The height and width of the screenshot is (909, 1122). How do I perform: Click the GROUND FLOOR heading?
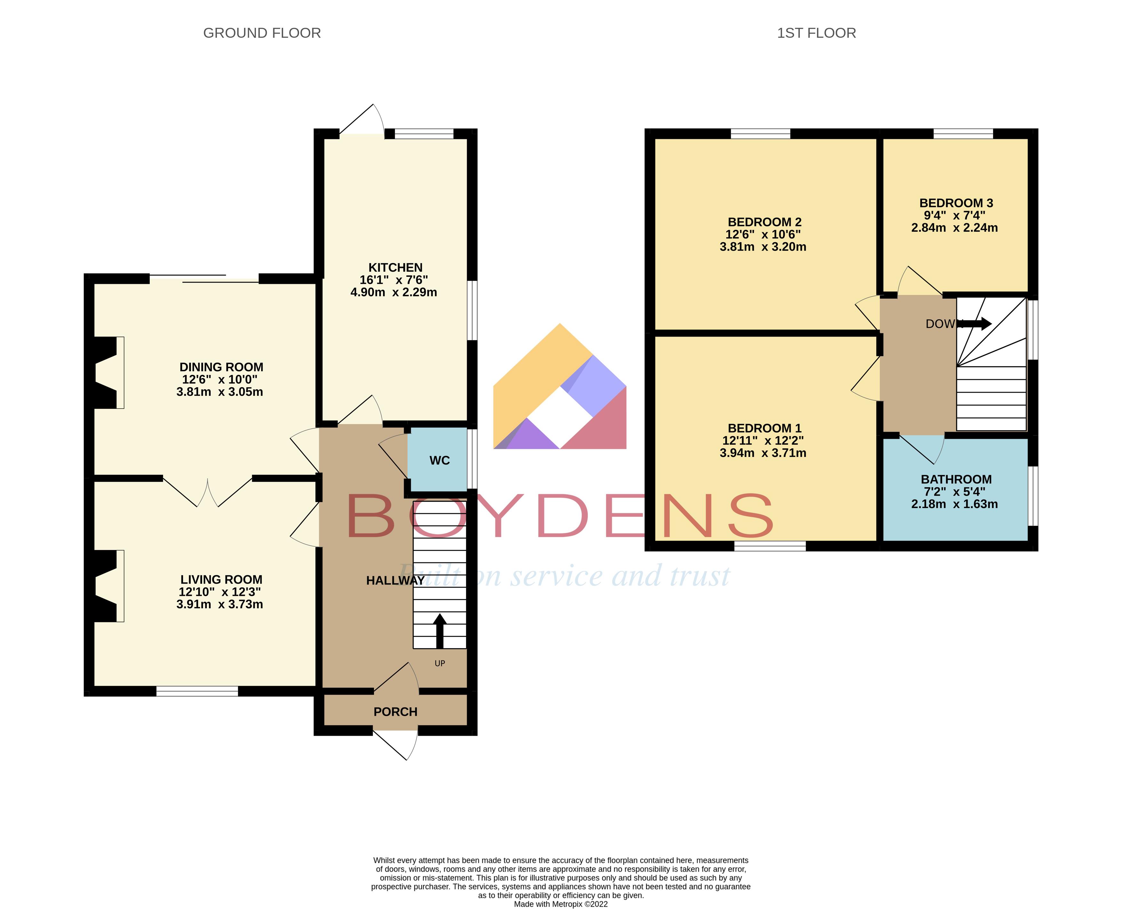tap(262, 33)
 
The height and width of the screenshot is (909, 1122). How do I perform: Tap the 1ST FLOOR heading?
tap(816, 33)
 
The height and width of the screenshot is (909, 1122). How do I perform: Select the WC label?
tap(439, 460)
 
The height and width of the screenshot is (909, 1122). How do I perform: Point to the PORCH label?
tap(395, 712)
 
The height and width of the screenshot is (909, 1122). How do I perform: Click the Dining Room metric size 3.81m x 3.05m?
tap(219, 392)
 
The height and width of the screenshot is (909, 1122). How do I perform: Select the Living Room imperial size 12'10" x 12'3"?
tap(219, 592)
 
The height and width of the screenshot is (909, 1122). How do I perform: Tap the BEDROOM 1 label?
tap(764, 428)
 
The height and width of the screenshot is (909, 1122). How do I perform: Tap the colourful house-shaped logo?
tap(560, 387)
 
